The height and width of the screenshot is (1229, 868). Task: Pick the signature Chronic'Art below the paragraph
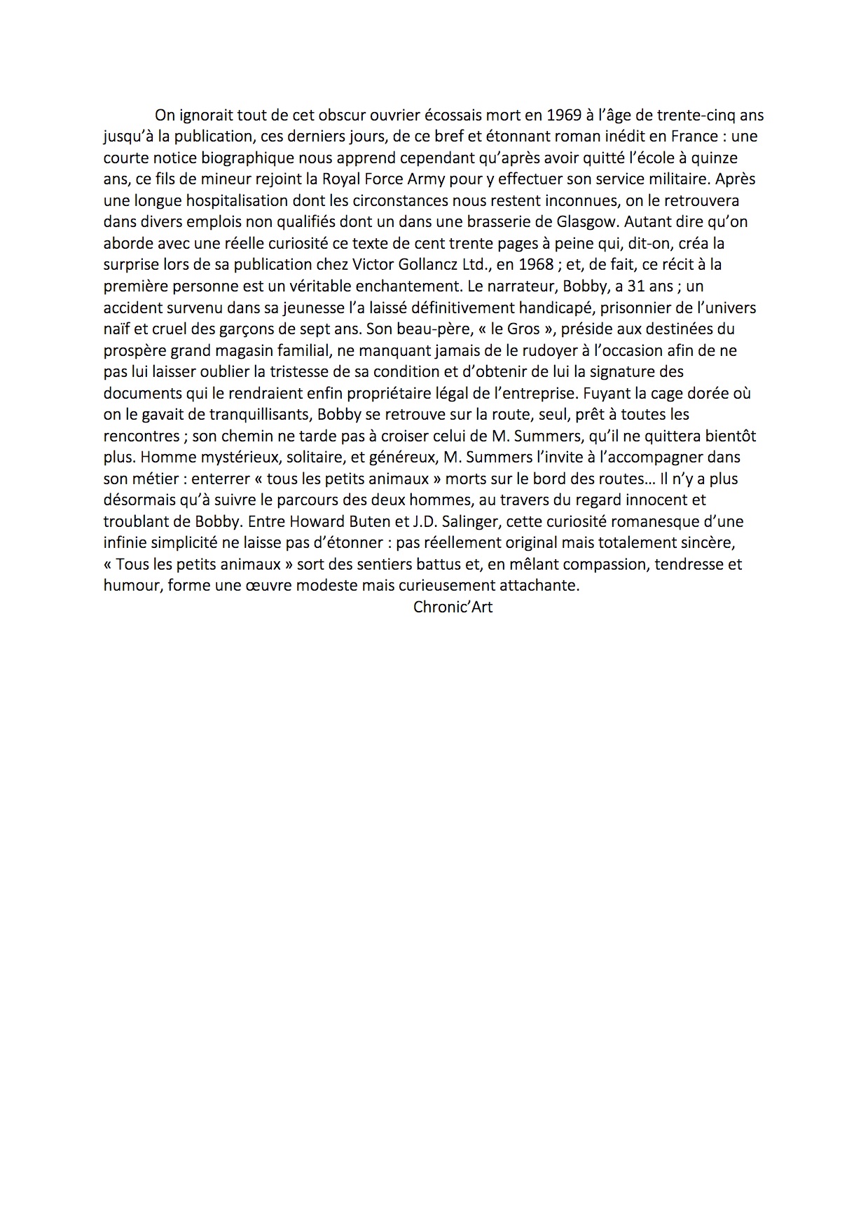pyautogui.click(x=453, y=607)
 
